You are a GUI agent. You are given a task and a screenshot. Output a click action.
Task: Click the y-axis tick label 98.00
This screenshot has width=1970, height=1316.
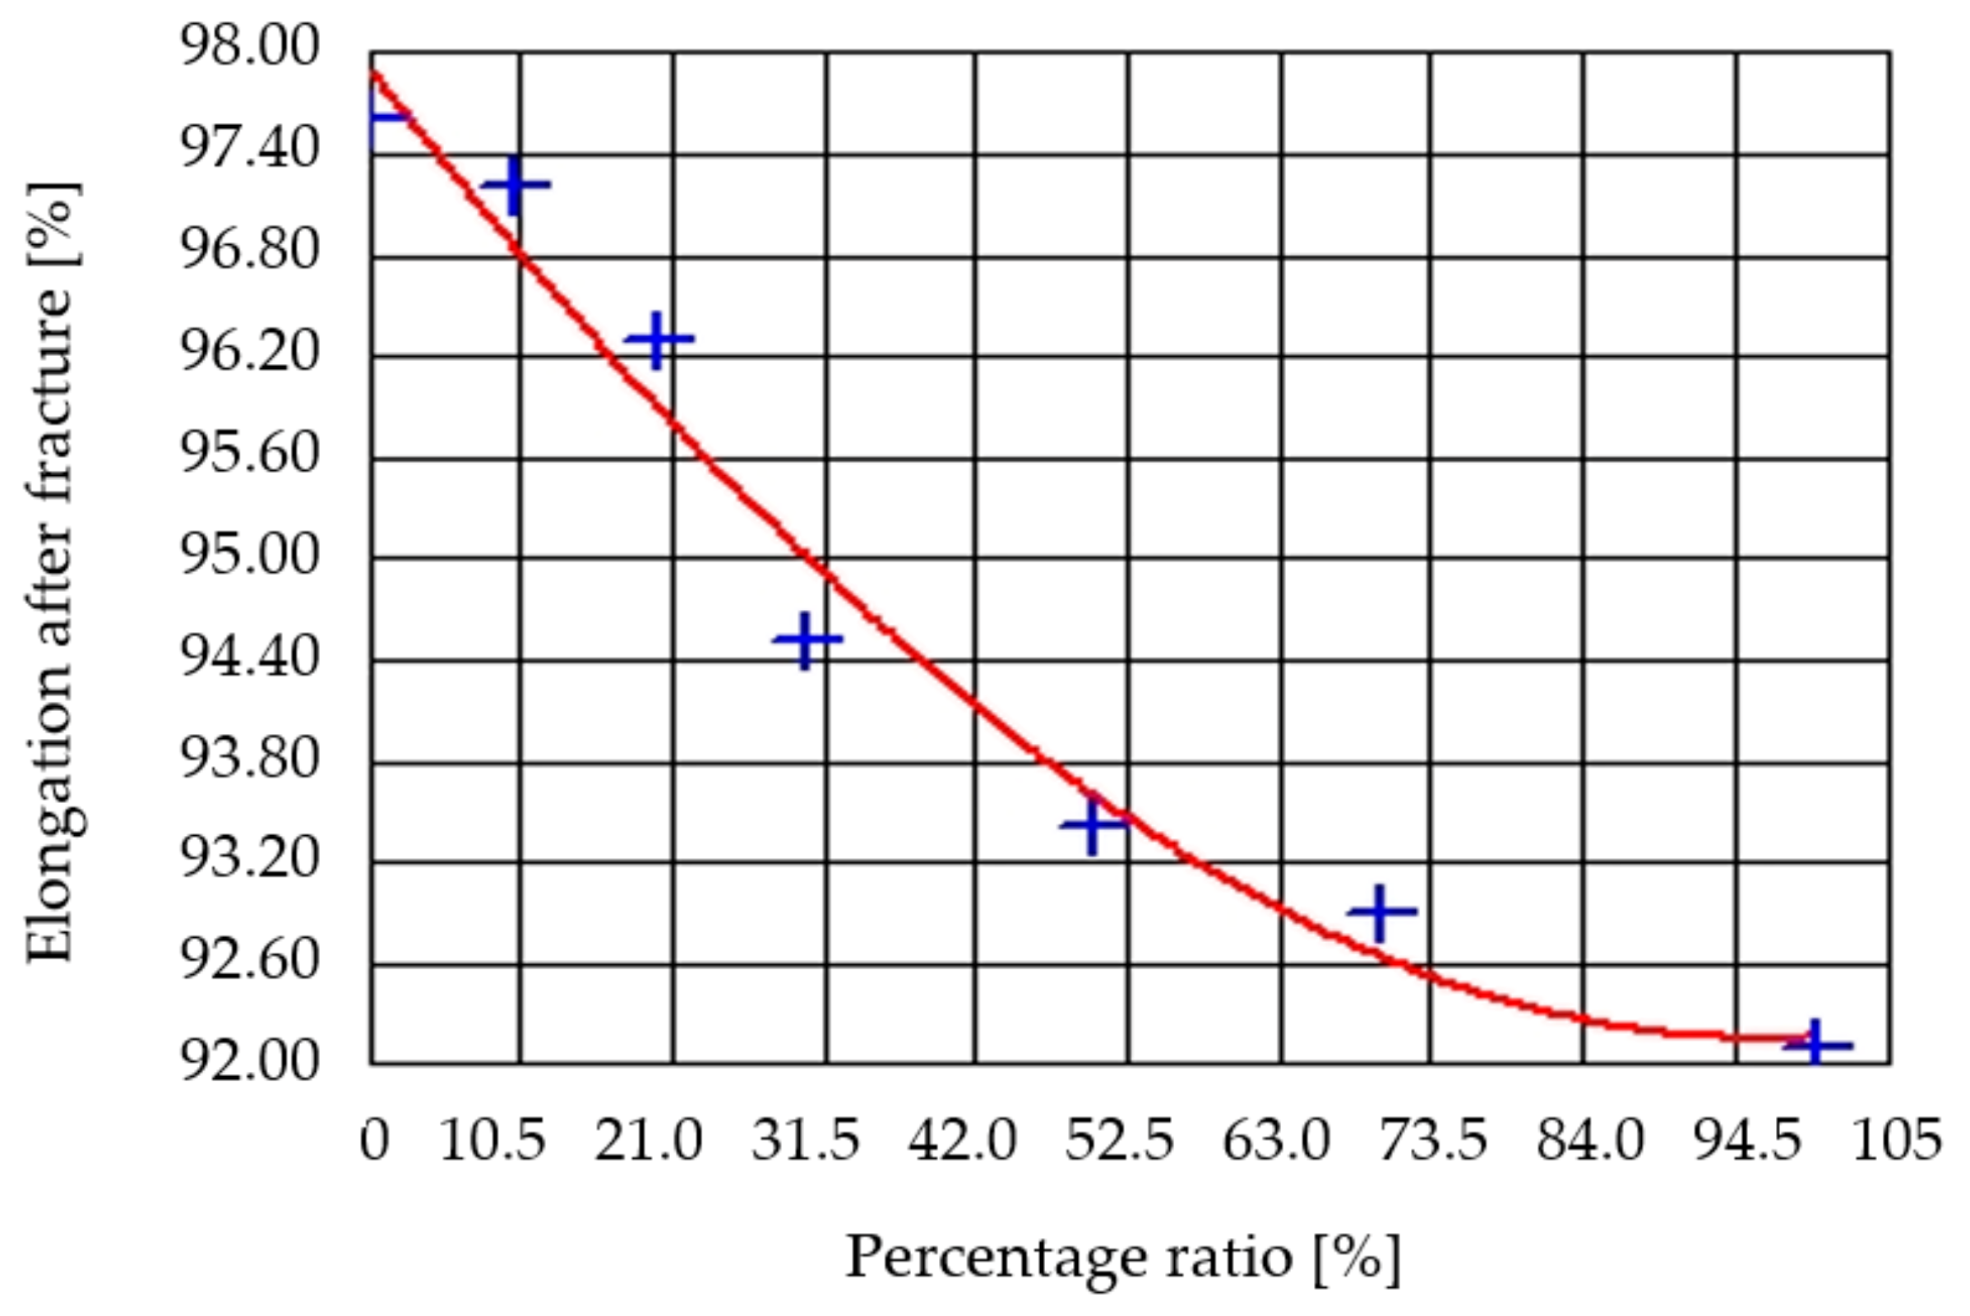(x=249, y=46)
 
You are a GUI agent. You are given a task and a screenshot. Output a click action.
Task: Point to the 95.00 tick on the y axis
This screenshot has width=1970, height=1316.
(x=249, y=556)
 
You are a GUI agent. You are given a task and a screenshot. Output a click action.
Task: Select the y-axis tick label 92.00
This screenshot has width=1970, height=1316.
(x=249, y=1062)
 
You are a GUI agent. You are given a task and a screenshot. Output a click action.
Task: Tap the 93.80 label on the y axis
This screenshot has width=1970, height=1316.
(x=249, y=759)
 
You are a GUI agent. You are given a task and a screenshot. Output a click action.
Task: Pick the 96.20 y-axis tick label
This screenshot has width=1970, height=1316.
(x=249, y=352)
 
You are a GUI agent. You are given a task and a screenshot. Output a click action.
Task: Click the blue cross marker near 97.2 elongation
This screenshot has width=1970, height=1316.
(x=516, y=185)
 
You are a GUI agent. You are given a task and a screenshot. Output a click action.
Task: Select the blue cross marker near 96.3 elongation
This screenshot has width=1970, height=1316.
(x=658, y=340)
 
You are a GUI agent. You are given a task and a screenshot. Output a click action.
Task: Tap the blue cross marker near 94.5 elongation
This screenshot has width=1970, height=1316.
(x=806, y=640)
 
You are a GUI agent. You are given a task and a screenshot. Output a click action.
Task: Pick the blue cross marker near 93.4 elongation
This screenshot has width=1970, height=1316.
(x=1092, y=825)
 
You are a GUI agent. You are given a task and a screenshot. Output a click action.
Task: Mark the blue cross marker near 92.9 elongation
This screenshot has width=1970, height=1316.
(x=1380, y=912)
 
